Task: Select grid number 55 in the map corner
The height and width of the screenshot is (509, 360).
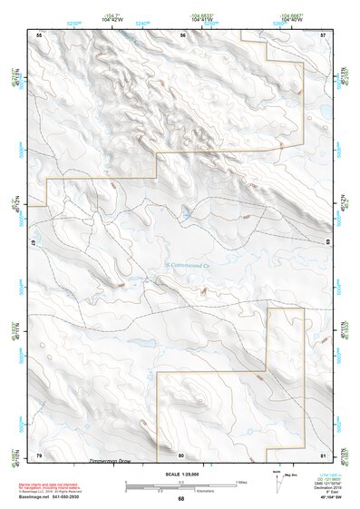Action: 38,34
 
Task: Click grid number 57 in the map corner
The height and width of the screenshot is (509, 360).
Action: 323,34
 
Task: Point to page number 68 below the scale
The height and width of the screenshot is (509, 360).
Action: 180,499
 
